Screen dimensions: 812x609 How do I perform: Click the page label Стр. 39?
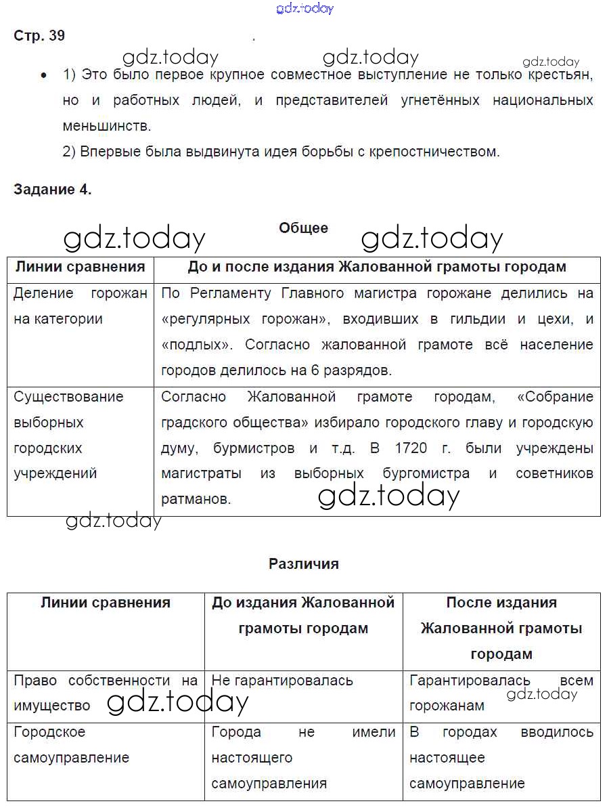(x=39, y=36)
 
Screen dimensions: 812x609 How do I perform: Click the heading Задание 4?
(x=52, y=190)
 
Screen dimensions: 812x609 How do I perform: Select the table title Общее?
(x=303, y=228)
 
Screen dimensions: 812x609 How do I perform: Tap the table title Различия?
(x=303, y=563)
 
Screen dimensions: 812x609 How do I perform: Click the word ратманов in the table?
(x=196, y=500)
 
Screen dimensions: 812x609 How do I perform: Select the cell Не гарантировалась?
(x=282, y=681)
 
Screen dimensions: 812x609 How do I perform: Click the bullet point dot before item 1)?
(x=44, y=76)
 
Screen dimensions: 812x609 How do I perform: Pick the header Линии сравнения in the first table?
(x=80, y=267)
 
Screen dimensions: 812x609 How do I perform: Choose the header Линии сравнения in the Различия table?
(x=106, y=603)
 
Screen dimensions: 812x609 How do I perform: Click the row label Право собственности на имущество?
(x=105, y=693)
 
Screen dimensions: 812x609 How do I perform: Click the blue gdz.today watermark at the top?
(x=304, y=9)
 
